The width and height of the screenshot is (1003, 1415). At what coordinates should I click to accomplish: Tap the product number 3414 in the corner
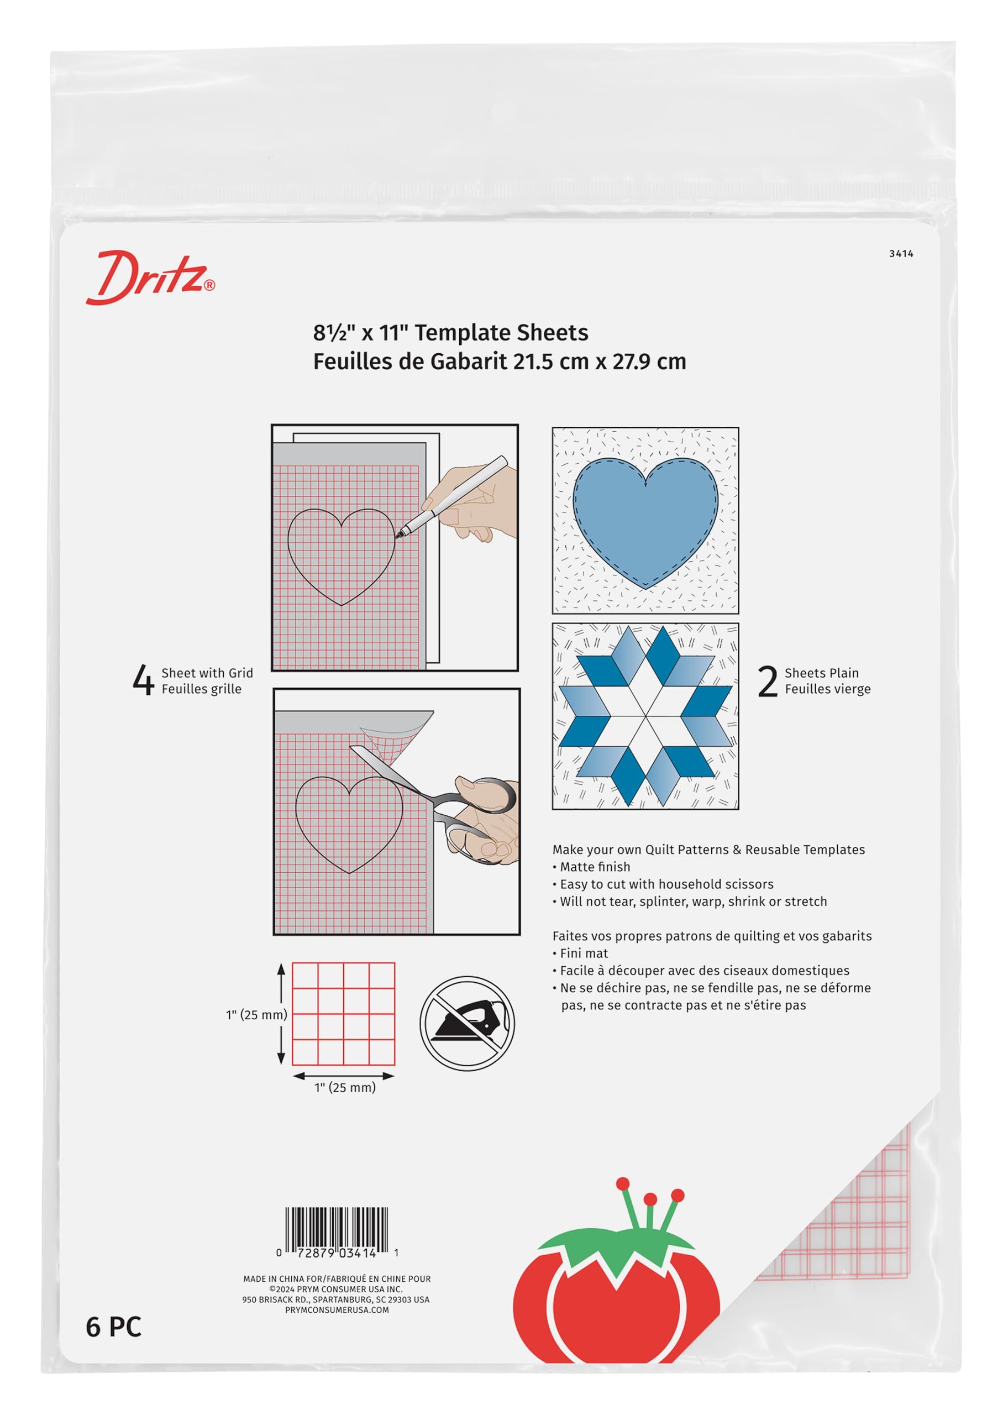901,254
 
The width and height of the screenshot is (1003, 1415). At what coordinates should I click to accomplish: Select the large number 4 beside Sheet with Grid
143,680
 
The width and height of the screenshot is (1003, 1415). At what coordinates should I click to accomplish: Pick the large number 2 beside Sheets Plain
767,682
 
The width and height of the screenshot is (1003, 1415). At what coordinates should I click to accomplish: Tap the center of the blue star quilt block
645,716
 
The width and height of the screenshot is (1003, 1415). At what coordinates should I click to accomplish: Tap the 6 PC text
114,1327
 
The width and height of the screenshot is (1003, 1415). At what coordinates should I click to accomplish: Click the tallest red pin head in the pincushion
623,1183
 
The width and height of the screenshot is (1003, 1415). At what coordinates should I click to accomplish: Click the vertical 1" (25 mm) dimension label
256,1015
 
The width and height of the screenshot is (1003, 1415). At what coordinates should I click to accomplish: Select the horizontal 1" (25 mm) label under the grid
345,1088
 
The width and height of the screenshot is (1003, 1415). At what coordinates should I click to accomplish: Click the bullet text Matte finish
595,867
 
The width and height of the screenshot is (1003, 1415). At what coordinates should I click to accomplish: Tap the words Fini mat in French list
584,953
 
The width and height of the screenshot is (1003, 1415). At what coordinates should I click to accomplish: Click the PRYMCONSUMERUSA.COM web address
337,1310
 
